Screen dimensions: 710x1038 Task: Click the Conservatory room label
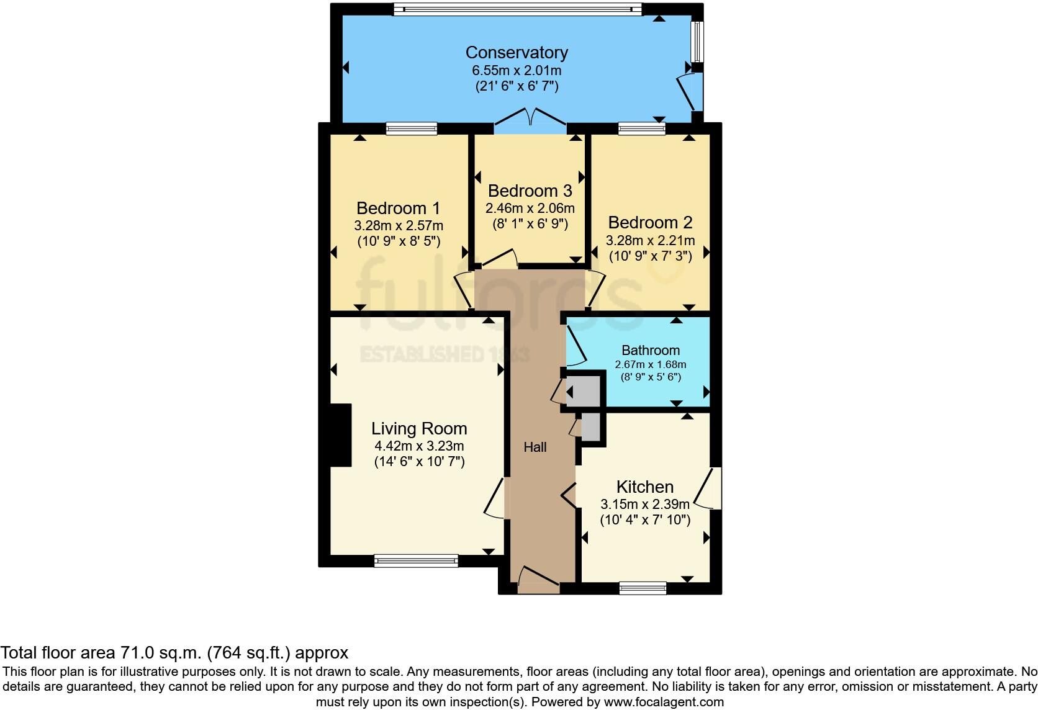coord(517,53)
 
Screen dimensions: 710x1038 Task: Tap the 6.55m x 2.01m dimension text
coord(517,70)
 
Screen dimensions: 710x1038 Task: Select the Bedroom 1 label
coord(398,208)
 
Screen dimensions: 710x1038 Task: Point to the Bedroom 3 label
coord(530,191)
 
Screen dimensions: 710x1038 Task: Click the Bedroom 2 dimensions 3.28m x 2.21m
coord(650,240)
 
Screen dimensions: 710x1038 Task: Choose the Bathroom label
coord(650,350)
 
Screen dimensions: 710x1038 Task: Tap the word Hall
coord(535,447)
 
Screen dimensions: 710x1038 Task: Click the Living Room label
coord(419,428)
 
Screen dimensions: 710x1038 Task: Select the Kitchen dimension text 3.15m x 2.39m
coord(644,504)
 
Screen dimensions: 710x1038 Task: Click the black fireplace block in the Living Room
coord(340,435)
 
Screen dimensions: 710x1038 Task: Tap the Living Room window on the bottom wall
coord(416,561)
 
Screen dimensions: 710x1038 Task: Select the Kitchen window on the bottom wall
coord(643,587)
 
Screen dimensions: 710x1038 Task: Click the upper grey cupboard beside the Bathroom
coord(584,391)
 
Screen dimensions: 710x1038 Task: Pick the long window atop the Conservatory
coord(517,9)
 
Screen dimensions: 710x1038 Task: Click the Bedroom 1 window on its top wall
coord(411,128)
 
